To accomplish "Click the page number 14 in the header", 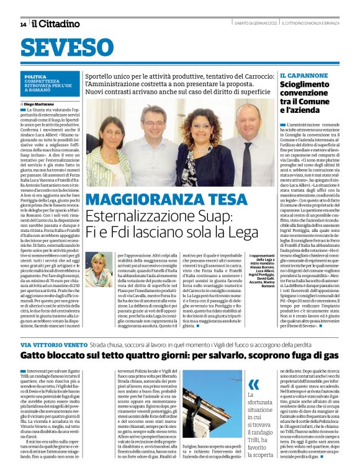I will (x=23, y=25).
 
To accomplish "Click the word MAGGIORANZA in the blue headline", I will (x=140, y=200).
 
